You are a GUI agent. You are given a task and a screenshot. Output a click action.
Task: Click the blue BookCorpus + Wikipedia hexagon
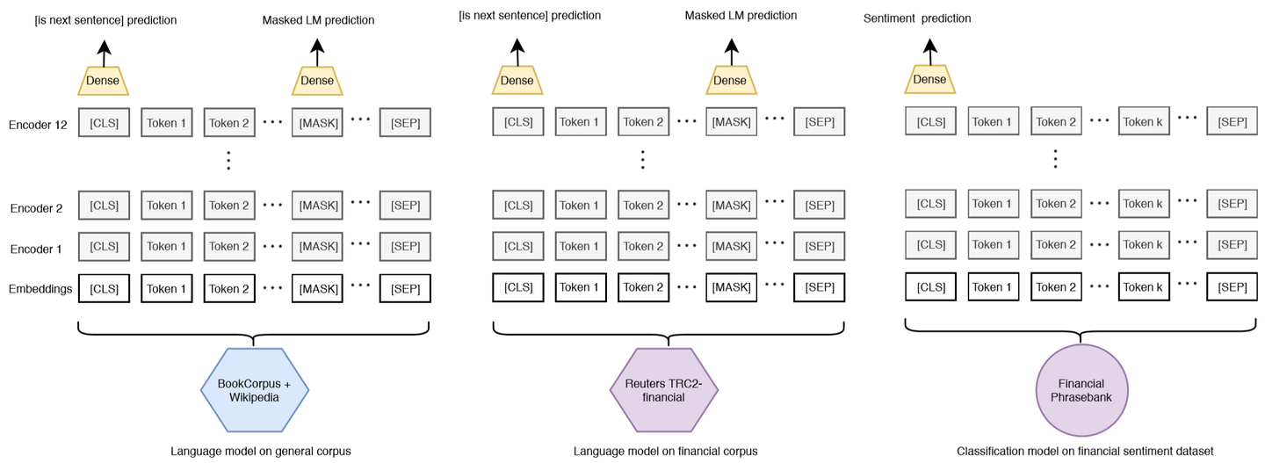254,389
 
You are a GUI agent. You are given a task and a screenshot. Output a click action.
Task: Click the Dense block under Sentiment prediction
929,80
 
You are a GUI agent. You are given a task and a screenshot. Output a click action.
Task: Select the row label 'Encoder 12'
37,125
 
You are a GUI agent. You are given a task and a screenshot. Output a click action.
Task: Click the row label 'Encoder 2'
36,208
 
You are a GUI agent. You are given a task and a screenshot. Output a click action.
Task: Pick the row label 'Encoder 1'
36,250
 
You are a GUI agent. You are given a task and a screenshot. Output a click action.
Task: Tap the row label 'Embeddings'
40,289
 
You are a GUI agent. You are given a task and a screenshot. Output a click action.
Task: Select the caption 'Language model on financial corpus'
665,451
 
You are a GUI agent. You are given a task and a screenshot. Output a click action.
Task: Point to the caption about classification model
1084,451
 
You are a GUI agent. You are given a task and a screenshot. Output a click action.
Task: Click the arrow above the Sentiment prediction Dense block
929,48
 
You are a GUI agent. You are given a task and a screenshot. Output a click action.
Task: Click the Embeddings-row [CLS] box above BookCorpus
104,288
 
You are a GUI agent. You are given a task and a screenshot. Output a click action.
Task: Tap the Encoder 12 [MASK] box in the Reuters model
731,122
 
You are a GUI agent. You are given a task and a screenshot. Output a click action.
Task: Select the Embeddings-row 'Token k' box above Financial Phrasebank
1144,287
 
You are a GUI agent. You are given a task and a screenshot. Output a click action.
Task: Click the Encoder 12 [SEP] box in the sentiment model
1232,122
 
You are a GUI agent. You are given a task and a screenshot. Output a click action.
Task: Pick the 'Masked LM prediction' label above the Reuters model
741,16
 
